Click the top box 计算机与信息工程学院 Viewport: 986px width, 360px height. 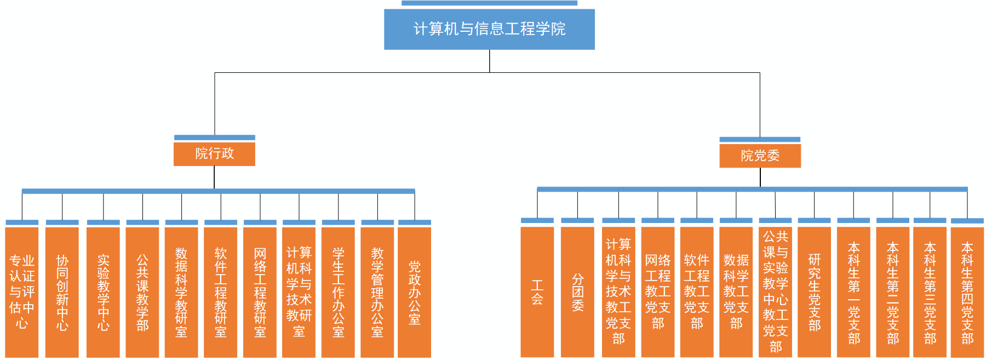489,29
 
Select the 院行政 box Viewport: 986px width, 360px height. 214,153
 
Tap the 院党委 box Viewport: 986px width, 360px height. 760,156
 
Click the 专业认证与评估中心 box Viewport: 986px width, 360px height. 22,292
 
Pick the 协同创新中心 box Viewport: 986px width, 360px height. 62,292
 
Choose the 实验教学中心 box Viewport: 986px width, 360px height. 103,292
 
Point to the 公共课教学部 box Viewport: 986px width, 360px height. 142,292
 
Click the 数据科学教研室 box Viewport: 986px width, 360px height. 181,292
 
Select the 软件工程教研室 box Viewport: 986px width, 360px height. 221,292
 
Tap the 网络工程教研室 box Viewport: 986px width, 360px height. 260,292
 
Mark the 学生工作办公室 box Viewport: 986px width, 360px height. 338,292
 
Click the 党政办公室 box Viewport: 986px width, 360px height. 415,292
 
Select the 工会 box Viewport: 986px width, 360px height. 537,292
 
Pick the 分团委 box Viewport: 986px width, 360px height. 577,292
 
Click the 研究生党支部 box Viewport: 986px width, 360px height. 814,292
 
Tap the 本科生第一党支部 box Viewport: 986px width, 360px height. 853,292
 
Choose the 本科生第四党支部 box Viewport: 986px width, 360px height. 967,292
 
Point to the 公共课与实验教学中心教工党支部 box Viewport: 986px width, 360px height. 775,292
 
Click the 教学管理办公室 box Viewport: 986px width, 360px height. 377,292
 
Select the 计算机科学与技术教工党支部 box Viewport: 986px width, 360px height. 618,292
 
